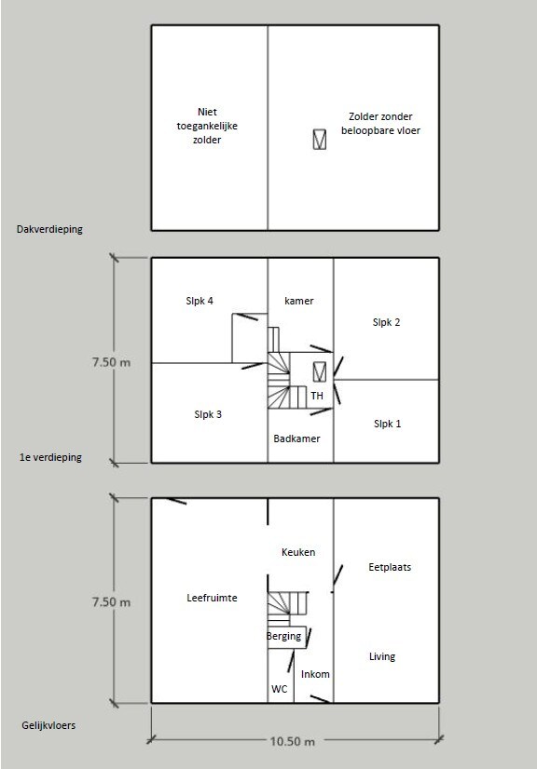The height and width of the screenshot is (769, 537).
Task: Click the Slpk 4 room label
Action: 200,301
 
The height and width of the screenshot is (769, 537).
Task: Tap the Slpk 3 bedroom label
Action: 208,414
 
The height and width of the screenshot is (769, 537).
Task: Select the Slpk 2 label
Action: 386,322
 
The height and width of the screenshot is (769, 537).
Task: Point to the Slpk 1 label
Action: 387,424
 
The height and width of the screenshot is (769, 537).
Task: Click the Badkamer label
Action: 296,438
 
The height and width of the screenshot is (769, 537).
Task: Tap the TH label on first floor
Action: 317,396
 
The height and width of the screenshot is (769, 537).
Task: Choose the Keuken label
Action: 298,552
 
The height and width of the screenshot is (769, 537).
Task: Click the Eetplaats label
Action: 390,567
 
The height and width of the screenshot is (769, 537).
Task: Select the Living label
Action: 382,656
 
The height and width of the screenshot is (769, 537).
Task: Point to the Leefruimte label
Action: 212,598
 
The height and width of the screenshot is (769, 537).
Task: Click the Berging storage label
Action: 284,637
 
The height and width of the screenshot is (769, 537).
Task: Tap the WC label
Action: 280,689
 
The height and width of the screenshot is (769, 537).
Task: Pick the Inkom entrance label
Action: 315,674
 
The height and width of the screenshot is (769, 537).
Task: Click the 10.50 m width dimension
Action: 293,741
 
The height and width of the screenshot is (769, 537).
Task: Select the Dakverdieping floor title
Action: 49,229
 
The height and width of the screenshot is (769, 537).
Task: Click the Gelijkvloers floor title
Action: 48,725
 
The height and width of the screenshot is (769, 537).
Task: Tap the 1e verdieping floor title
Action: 50,457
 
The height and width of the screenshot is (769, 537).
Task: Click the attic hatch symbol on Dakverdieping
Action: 320,139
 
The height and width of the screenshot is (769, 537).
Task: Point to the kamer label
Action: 298,301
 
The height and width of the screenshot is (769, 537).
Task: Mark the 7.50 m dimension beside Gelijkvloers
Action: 112,601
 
